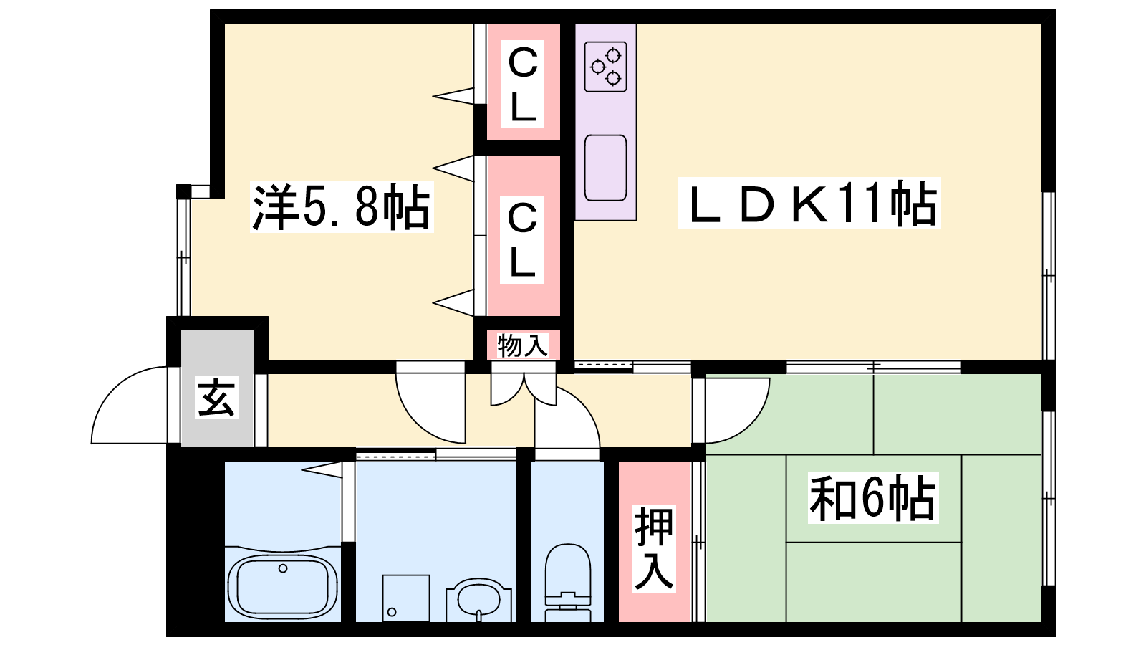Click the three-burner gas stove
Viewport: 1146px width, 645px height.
[x=605, y=66]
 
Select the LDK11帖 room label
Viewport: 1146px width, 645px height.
[x=809, y=204]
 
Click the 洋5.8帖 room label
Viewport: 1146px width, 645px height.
[x=342, y=207]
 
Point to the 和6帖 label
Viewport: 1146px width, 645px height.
[x=872, y=499]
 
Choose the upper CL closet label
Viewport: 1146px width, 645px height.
[x=522, y=84]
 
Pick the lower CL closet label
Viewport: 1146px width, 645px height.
[x=522, y=241]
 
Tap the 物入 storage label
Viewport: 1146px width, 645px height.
[x=522, y=345]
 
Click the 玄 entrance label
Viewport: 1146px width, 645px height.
[x=216, y=398]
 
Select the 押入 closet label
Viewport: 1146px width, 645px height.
[x=653, y=548]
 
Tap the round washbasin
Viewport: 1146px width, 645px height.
[x=478, y=598]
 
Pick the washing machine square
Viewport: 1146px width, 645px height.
[x=405, y=598]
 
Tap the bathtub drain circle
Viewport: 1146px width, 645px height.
[x=283, y=569]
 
